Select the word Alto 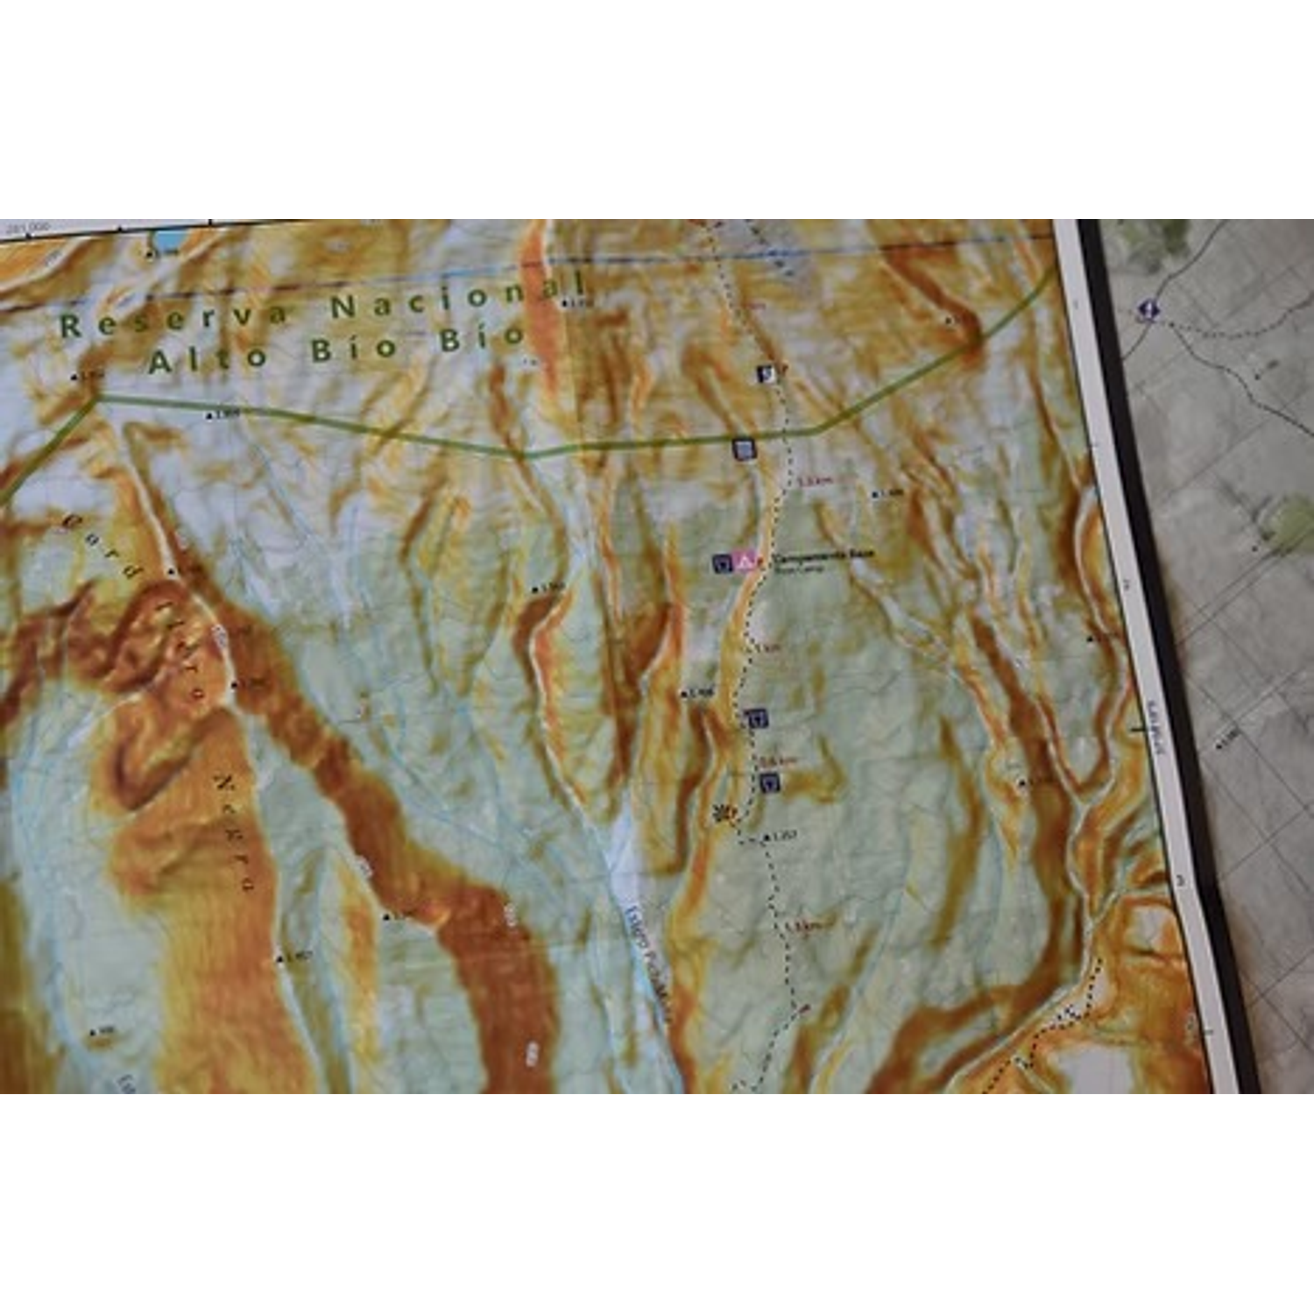click(208, 358)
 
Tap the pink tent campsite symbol click(745, 561)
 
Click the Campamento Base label click(823, 555)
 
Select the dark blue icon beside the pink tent click(723, 563)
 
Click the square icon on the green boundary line click(744, 450)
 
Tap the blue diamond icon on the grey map click(1147, 309)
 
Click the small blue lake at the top click(169, 238)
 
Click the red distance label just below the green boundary click(814, 481)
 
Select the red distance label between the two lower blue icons click(777, 760)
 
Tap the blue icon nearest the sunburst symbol click(769, 783)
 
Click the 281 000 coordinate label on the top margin click(26, 228)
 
